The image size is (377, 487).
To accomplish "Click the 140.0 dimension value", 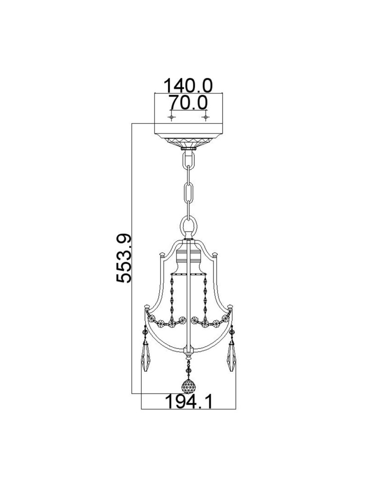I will pos(188,86).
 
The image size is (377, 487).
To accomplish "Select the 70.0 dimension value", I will pos(188,103).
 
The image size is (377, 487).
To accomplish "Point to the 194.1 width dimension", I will pos(188,402).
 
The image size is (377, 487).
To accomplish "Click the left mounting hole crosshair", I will pos(171,117).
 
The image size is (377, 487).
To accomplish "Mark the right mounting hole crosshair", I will pos(205,117).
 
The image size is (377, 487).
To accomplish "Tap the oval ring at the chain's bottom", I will pos(188,227).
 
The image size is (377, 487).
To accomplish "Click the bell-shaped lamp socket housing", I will pos(188,258).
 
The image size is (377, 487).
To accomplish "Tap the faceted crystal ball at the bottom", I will pos(188,387).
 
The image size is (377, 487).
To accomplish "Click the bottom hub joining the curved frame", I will pos(188,350).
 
